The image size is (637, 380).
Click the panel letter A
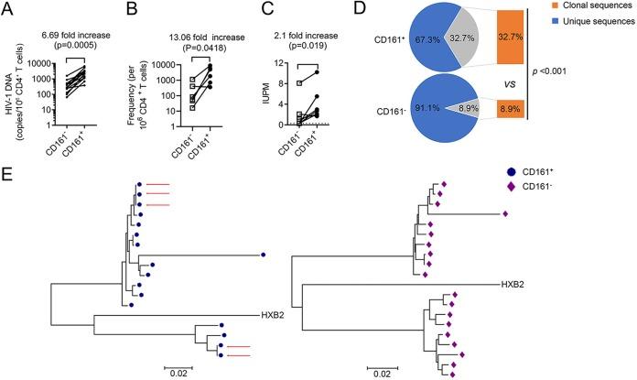[x=8, y=10]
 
